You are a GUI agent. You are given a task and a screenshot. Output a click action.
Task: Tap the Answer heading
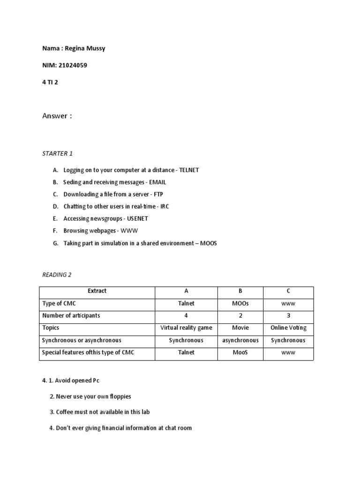pyautogui.click(x=57, y=116)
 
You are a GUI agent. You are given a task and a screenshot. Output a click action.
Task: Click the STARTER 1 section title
pyautogui.click(x=58, y=153)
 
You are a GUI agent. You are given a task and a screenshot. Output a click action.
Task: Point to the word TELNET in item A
pyautogui.click(x=189, y=170)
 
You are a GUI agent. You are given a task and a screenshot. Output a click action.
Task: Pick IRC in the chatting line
pyautogui.click(x=165, y=206)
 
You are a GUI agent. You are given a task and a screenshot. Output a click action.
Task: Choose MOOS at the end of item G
pyautogui.click(x=209, y=243)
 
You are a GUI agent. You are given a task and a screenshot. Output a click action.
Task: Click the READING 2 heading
pyautogui.click(x=57, y=275)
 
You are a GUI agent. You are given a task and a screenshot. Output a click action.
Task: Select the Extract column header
pyautogui.click(x=97, y=291)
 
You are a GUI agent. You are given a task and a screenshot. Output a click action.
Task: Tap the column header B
pyautogui.click(x=240, y=291)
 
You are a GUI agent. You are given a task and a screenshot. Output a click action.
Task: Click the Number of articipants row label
pyautogui.click(x=71, y=315)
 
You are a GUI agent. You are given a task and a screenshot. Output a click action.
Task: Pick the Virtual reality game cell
pyautogui.click(x=186, y=328)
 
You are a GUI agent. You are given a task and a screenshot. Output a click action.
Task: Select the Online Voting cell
pyautogui.click(x=288, y=328)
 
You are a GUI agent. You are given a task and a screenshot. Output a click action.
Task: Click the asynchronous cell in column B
pyautogui.click(x=240, y=340)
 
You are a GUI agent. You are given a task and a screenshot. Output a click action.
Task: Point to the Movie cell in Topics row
pyautogui.click(x=240, y=328)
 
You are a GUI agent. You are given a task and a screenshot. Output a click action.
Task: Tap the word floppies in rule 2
pyautogui.click(x=120, y=397)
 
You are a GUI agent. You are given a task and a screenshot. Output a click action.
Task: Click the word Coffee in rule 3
pyautogui.click(x=65, y=412)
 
